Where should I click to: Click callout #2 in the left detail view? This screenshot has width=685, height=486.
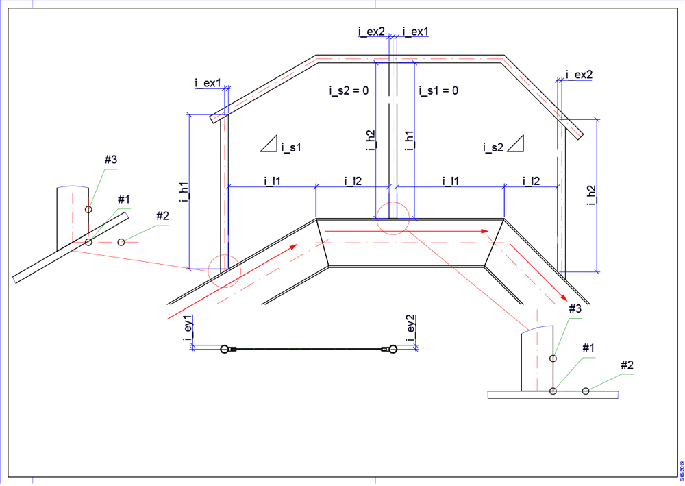[x=162, y=217]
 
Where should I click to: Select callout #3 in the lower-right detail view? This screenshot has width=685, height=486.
[x=575, y=310]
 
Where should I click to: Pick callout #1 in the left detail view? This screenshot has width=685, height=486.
[x=124, y=199]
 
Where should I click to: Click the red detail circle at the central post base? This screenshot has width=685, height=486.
[x=393, y=218]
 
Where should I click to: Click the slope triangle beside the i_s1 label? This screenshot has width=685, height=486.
[x=271, y=143]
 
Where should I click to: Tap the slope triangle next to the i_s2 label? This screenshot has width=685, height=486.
[x=515, y=143]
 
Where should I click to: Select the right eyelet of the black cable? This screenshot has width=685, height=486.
[x=392, y=350]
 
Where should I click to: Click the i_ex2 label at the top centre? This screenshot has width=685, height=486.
[x=371, y=32]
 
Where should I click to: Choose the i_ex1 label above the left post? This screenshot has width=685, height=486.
[x=208, y=83]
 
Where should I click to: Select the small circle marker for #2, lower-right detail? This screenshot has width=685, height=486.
[x=586, y=391]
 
